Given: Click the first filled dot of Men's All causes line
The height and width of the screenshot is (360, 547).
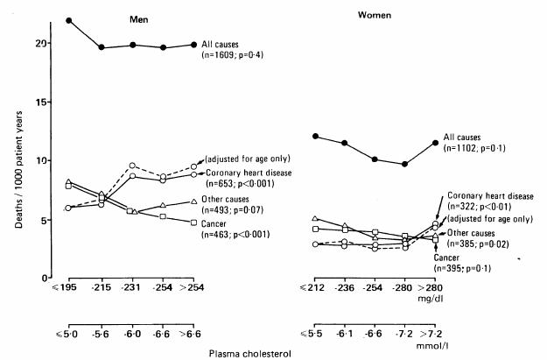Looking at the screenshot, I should (68, 20).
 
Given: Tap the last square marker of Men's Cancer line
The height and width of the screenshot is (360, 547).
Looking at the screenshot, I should (193, 222).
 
